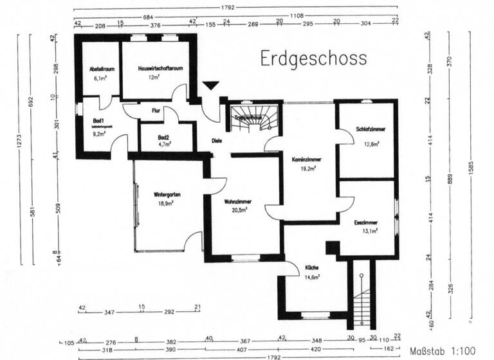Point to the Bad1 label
tap(98, 120)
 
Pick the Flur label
tap(156, 111)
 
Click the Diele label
tap(218, 142)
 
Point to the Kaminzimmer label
tap(307, 158)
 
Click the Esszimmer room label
tap(365, 222)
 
